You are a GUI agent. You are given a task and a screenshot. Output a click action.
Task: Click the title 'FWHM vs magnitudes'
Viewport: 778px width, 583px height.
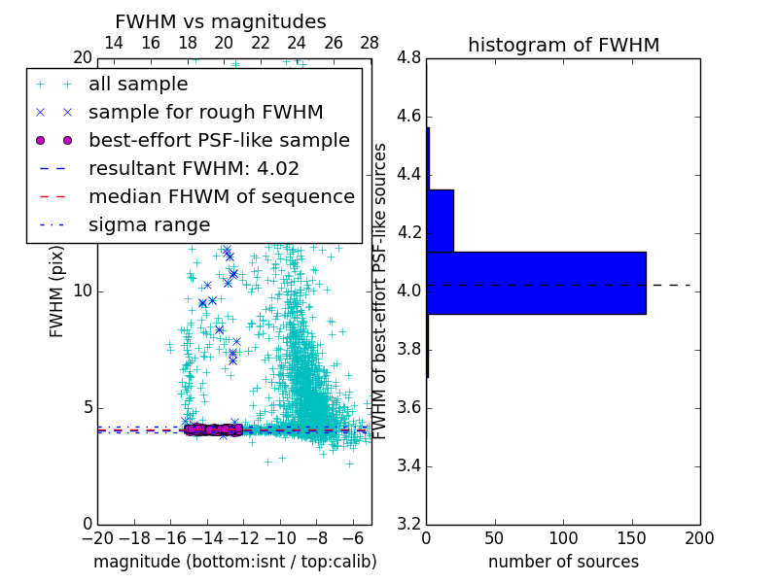point(221,21)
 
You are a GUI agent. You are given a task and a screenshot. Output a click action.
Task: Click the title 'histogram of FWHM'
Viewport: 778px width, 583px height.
point(563,45)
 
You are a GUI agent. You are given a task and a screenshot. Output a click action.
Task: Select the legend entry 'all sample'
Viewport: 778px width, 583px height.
point(138,85)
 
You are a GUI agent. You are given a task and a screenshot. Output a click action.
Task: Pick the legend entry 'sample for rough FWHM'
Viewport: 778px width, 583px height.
point(205,113)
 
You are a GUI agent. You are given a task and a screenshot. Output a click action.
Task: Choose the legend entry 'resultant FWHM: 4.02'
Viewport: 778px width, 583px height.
point(194,169)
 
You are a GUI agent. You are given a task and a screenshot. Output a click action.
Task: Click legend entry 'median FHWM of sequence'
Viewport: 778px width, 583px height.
point(221,197)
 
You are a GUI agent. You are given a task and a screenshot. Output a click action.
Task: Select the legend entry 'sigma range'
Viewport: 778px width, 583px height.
point(149,225)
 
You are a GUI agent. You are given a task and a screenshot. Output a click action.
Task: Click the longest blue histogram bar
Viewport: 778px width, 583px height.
point(536,283)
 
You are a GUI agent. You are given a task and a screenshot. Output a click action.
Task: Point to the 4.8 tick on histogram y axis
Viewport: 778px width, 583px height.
point(409,58)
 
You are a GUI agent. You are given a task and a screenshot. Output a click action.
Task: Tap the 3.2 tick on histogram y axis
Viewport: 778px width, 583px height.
point(409,524)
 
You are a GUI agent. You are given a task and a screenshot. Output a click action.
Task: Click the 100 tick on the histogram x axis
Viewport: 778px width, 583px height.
point(563,538)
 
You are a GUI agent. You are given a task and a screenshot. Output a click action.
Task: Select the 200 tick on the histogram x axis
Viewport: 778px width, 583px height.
point(699,538)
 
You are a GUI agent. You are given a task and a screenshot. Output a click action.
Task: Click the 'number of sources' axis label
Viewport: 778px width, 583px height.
point(563,562)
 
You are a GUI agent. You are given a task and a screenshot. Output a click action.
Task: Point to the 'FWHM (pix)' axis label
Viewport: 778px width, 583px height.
point(57,291)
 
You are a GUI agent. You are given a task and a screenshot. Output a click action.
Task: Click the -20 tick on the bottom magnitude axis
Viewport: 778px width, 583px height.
point(97,538)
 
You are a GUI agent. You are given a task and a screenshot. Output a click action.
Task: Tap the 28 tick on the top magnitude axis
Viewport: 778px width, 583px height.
point(370,44)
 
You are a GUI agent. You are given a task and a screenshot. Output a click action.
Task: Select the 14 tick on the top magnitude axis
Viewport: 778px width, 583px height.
point(113,44)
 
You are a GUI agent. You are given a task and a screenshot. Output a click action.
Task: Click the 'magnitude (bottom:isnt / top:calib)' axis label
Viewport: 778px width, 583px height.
point(234,562)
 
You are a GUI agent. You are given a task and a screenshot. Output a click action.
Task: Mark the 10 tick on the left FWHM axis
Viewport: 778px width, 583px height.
point(83,291)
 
